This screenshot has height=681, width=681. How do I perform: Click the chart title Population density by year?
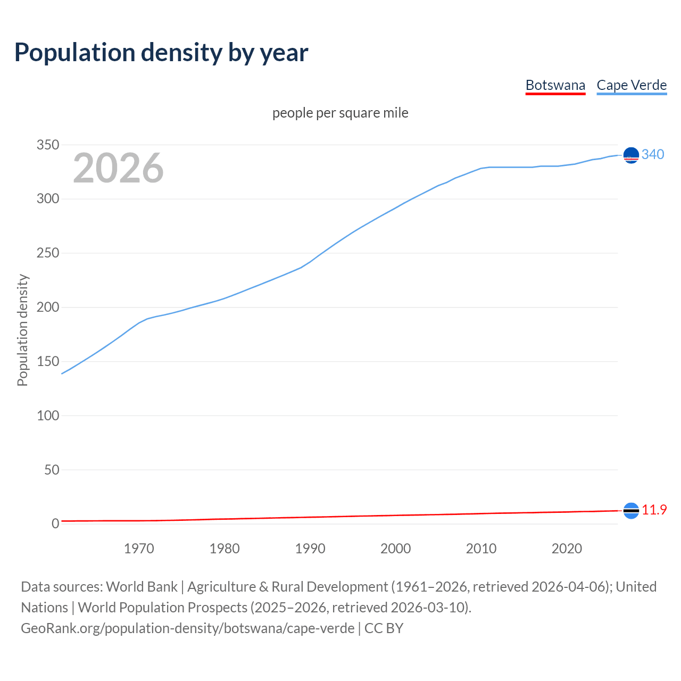(x=161, y=53)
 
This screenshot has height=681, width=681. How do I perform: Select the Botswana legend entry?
(x=555, y=85)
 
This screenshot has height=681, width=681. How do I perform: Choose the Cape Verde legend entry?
(x=632, y=85)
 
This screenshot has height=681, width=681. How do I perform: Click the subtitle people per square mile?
(x=340, y=113)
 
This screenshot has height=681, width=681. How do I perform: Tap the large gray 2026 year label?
(x=118, y=168)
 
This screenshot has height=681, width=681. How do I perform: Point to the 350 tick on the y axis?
(x=48, y=145)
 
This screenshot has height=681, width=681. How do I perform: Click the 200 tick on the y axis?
(x=48, y=308)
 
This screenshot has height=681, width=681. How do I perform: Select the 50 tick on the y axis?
(x=52, y=470)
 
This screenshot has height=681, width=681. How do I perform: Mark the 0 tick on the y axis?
(x=55, y=524)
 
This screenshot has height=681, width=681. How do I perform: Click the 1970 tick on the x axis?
(x=139, y=549)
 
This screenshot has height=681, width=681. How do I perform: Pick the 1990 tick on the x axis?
(x=310, y=549)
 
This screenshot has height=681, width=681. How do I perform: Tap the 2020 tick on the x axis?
(x=567, y=549)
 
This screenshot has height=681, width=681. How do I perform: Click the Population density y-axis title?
(x=22, y=330)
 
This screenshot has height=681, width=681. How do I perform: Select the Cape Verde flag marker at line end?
(x=631, y=155)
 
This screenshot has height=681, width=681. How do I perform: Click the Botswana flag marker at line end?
(x=631, y=511)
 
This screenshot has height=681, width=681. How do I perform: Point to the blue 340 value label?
(x=653, y=155)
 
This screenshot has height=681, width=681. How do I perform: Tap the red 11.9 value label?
(x=654, y=510)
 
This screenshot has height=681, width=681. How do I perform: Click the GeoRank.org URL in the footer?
(x=187, y=628)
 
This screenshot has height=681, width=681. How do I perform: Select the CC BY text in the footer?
(x=384, y=628)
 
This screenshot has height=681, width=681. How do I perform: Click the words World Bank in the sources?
(x=142, y=587)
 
